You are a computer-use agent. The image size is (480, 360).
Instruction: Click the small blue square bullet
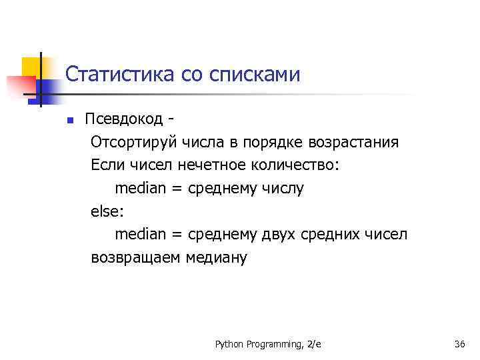pyautogui.click(x=69, y=121)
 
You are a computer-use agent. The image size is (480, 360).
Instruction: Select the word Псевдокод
pyautogui.click(x=123, y=119)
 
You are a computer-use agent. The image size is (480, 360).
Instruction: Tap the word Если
pyautogui.click(x=105, y=165)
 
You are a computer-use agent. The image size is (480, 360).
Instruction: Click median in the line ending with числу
pyautogui.click(x=140, y=189)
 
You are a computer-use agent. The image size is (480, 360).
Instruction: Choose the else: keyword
pyautogui.click(x=107, y=212)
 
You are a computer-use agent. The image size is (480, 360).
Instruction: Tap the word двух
pyautogui.click(x=279, y=235)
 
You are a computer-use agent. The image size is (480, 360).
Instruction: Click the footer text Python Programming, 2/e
pyautogui.click(x=268, y=344)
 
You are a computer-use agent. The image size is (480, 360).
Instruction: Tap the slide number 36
pyautogui.click(x=459, y=344)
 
